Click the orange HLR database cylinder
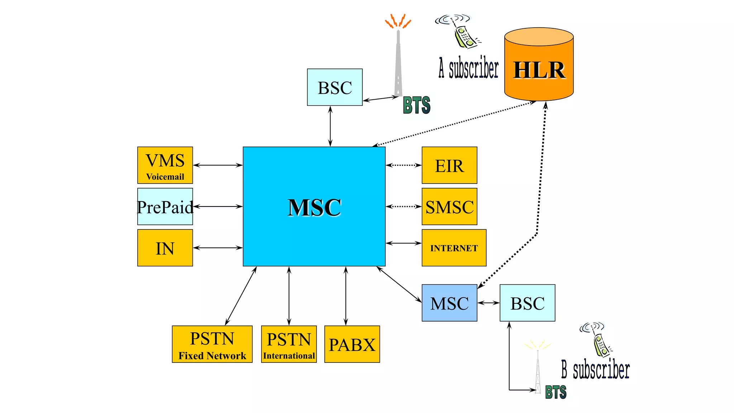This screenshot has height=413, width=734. click(539, 66)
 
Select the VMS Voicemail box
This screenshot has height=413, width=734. click(165, 165)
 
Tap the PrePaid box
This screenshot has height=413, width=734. click(165, 206)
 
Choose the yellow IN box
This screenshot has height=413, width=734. click(165, 248)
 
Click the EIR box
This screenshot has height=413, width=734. click(449, 165)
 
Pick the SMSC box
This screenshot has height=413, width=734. click(449, 206)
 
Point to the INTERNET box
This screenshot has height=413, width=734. click(454, 248)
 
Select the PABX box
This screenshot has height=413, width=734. click(352, 344)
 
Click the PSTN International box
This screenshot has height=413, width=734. click(289, 344)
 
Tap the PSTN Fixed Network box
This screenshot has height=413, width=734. click(212, 344)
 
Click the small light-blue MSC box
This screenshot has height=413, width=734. click(449, 303)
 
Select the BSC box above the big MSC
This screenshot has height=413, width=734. click(335, 87)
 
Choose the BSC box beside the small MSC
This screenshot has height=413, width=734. click(527, 303)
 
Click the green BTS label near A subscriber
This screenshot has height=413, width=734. click(416, 105)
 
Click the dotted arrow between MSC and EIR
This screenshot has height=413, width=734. click(404, 165)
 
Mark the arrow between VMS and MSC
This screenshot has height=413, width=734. click(218, 165)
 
